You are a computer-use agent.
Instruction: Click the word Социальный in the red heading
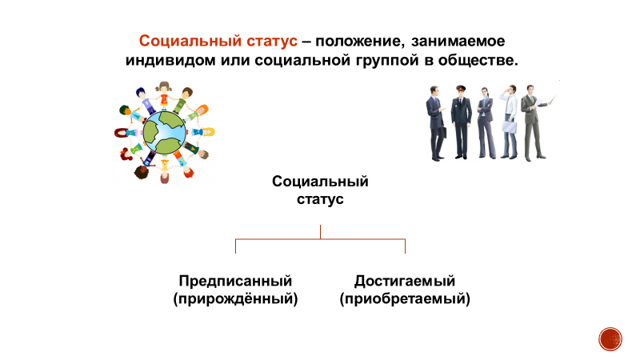pos(178,41)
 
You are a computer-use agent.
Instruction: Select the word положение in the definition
pos(364,41)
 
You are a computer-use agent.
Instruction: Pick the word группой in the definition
pos(374,61)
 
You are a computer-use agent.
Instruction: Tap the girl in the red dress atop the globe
pos(165,94)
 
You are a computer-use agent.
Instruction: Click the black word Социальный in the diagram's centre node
pos(320,182)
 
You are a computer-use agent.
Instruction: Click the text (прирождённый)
pos(235,299)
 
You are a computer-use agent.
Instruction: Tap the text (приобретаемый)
pos(404,299)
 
